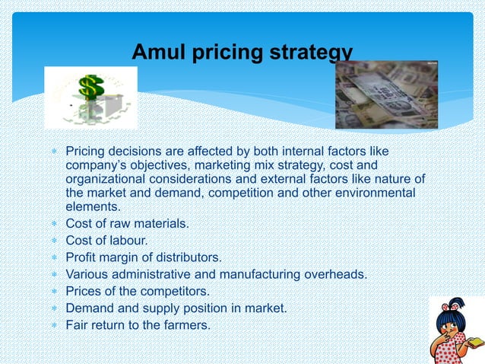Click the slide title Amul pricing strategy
click(242, 52)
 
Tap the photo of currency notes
click(386, 94)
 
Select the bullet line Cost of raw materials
click(128, 224)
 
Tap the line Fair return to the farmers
click(138, 325)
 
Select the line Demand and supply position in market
click(176, 308)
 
